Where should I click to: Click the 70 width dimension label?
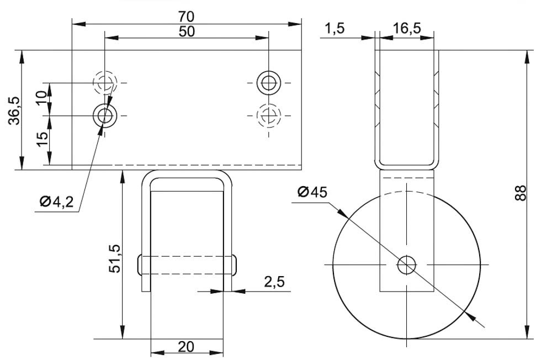click(186, 17)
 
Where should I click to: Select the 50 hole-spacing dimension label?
click(186, 31)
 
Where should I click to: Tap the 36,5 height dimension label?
click(15, 110)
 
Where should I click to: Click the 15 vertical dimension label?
click(42, 140)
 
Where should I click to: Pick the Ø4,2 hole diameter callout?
click(57, 202)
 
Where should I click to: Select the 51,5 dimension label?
click(115, 258)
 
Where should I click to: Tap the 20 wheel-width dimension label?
click(186, 347)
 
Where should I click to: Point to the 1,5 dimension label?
click(334, 28)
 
